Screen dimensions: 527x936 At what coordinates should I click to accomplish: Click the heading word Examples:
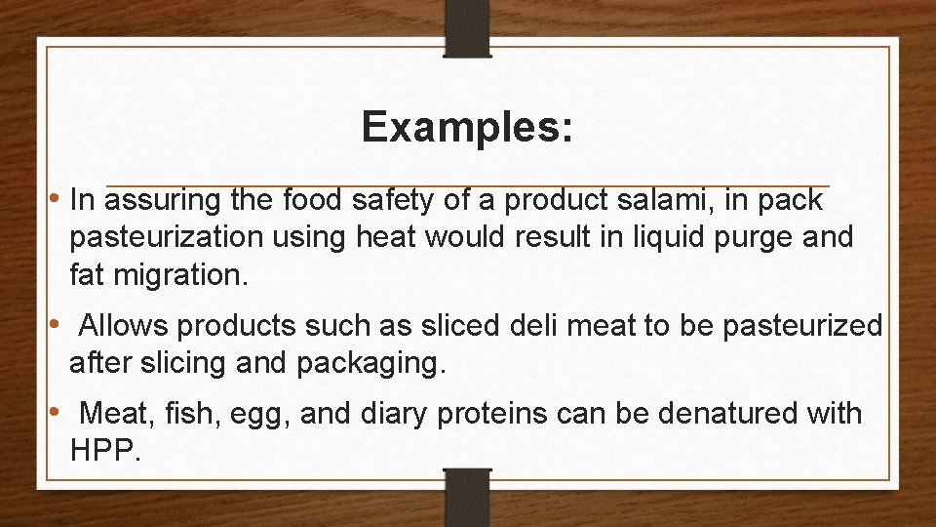[x=467, y=128]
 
